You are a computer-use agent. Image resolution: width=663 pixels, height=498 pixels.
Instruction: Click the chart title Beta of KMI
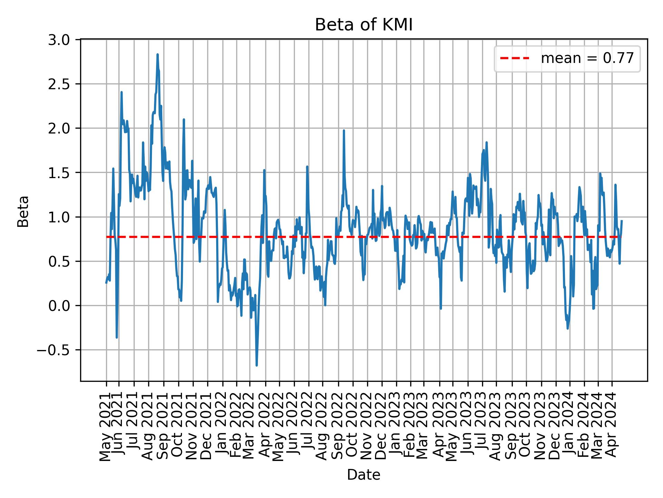[364, 25]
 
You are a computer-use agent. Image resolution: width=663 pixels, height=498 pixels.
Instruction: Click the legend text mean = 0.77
[587, 58]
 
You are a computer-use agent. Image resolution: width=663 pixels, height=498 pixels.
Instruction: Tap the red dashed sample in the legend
[515, 58]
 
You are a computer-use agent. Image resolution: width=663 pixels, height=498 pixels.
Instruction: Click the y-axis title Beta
[23, 211]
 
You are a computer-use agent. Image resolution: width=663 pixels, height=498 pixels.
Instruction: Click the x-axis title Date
[364, 475]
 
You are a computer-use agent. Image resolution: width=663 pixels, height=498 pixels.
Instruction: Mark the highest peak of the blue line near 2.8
[157, 55]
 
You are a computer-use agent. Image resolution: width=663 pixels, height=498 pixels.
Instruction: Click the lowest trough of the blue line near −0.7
[257, 365]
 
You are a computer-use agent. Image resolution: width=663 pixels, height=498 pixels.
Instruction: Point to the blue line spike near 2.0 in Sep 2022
[344, 131]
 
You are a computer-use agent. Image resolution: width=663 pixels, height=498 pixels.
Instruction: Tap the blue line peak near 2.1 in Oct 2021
[184, 120]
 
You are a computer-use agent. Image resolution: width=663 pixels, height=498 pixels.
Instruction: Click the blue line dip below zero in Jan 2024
[568, 328]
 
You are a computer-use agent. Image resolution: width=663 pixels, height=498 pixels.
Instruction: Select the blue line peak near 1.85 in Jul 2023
[487, 142]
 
